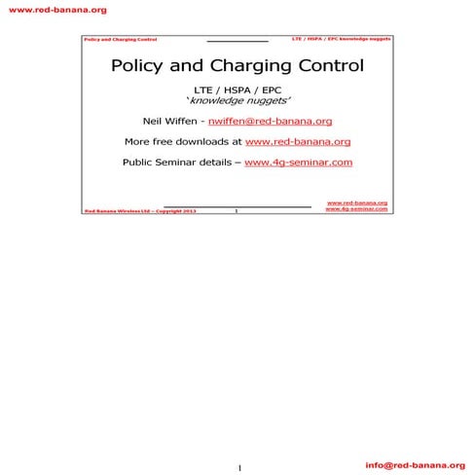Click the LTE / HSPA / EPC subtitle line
point(238,90)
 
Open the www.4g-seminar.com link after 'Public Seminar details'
point(298,163)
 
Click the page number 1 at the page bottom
point(238,469)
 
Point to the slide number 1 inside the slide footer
point(237,209)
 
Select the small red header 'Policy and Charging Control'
point(120,40)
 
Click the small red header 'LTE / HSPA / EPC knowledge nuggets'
point(342,39)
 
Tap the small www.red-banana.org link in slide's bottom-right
point(356,203)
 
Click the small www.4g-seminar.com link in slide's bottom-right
point(356,209)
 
